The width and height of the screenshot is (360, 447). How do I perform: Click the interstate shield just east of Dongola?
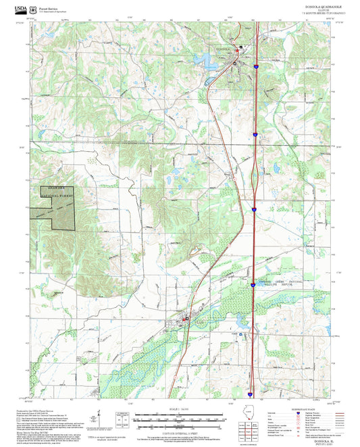click(x=257, y=66)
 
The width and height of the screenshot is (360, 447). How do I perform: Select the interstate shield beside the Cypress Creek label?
click(x=253, y=285)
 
